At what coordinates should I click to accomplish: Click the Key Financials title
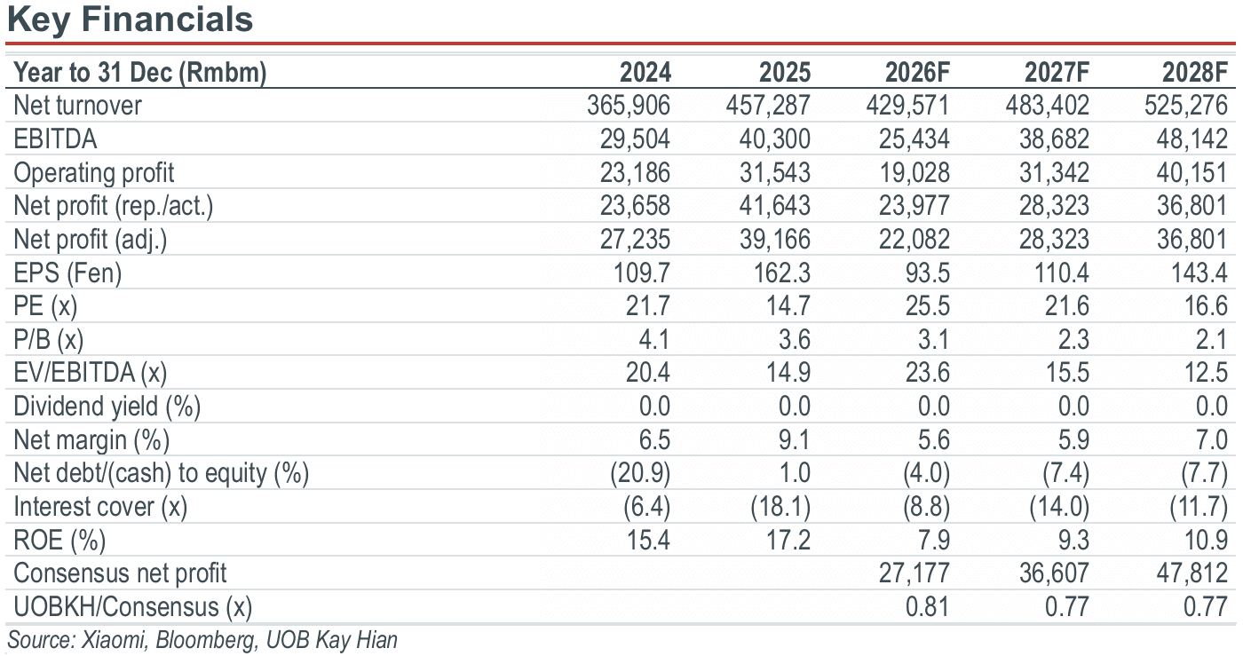(x=130, y=20)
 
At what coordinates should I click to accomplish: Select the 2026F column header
(x=917, y=73)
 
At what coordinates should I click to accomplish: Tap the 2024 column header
(x=645, y=73)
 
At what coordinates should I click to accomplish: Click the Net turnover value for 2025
(x=768, y=106)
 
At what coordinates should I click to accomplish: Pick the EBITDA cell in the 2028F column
(x=1192, y=138)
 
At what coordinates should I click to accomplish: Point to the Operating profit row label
(x=94, y=173)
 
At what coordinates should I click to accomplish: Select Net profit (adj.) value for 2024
(x=635, y=239)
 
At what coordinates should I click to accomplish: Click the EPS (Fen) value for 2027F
(x=1062, y=273)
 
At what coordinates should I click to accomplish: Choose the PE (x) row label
(x=45, y=306)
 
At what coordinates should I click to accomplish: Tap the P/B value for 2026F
(x=933, y=340)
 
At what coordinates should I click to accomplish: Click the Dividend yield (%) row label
(x=107, y=407)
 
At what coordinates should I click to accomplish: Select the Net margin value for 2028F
(x=1211, y=439)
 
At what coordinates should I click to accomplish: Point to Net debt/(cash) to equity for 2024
(x=640, y=473)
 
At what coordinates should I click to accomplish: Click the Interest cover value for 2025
(x=780, y=507)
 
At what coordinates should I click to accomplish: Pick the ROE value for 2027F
(x=1073, y=540)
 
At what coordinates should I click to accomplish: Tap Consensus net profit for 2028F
(x=1192, y=573)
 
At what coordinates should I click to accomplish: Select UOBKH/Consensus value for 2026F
(x=927, y=606)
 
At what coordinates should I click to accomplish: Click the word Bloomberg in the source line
(x=205, y=640)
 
